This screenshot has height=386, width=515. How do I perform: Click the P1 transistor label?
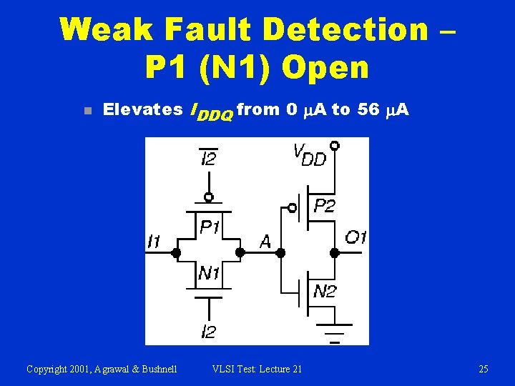pos(209,227)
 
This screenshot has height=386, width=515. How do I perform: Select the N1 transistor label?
pos(210,272)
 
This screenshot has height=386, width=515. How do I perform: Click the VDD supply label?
pos(308,154)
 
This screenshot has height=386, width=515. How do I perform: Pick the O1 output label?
pos(355,237)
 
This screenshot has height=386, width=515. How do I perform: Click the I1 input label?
pos(154,242)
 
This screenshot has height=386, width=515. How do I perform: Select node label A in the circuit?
pos(265,242)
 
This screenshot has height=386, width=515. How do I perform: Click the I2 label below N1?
pos(208,332)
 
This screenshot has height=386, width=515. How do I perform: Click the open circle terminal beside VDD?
pos(334,145)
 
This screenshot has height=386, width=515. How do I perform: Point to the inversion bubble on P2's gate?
pos(292,208)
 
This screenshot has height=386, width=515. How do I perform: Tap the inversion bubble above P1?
pos(208,197)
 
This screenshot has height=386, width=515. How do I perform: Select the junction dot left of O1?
pos(334,252)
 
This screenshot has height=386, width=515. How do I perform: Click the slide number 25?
pos(484,369)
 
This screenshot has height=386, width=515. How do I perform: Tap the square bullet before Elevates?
pos(84,111)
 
